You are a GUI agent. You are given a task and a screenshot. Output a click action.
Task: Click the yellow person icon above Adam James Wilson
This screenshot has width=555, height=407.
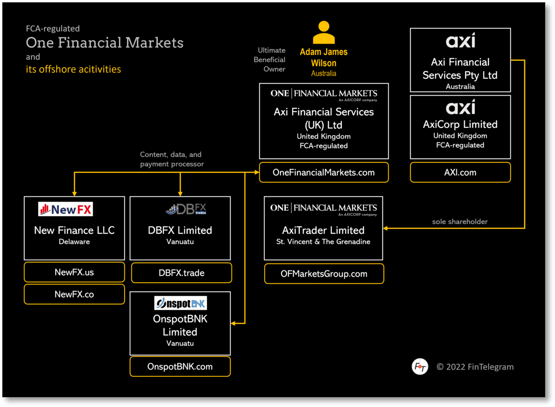click(x=324, y=33)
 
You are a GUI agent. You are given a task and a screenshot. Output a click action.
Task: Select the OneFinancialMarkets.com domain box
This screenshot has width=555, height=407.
click(x=324, y=172)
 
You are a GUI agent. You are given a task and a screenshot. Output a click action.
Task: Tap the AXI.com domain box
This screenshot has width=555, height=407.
click(x=460, y=172)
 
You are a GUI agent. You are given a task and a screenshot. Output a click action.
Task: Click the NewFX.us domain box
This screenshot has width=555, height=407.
click(x=74, y=272)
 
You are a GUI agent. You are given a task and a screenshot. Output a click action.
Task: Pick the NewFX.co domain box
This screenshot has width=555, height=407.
click(x=74, y=294)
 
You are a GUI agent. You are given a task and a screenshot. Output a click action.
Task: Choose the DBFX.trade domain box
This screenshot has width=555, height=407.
click(x=181, y=273)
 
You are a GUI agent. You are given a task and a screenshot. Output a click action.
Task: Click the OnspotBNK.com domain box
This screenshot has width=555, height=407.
click(x=180, y=367)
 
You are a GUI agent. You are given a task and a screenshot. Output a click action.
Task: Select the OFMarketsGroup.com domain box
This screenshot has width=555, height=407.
click(x=324, y=274)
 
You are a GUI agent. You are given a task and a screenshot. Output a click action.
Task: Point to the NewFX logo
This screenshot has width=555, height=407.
click(x=66, y=209)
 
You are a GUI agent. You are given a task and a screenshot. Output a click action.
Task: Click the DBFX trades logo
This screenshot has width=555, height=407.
click(x=186, y=209)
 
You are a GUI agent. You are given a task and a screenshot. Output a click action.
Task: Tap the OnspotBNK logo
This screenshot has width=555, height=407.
click(x=180, y=303)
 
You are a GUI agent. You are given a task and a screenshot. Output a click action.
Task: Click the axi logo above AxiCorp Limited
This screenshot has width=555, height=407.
click(x=460, y=108)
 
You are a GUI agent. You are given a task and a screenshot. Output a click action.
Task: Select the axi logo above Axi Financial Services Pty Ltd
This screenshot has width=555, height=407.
click(x=460, y=41)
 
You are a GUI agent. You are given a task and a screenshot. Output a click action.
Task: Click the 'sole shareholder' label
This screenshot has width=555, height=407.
click(x=460, y=222)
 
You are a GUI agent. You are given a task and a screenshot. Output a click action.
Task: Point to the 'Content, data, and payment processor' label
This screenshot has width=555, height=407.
click(x=172, y=159)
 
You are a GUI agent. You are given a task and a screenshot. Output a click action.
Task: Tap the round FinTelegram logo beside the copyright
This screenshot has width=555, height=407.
click(x=420, y=367)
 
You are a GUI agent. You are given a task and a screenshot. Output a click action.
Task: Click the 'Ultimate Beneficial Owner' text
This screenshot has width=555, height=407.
click(x=270, y=59)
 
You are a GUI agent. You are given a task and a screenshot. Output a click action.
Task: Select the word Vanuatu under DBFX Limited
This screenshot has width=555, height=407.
click(x=180, y=242)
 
